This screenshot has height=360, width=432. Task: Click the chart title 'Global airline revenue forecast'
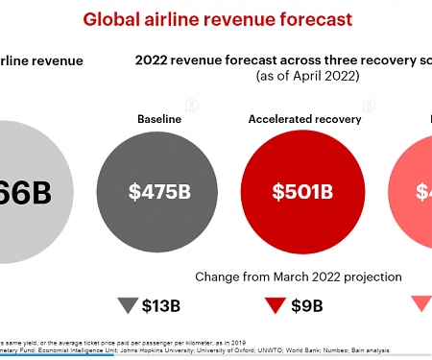pyautogui.click(x=216, y=18)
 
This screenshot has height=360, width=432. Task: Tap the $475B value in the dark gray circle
pyautogui.click(x=159, y=191)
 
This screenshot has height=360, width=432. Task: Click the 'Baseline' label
pyautogui.click(x=159, y=118)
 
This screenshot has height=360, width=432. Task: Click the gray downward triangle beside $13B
pyautogui.click(x=127, y=305)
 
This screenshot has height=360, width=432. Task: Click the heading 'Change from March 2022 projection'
pyautogui.click(x=298, y=276)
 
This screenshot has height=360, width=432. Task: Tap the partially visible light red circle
pyautogui.click(x=413, y=191)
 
